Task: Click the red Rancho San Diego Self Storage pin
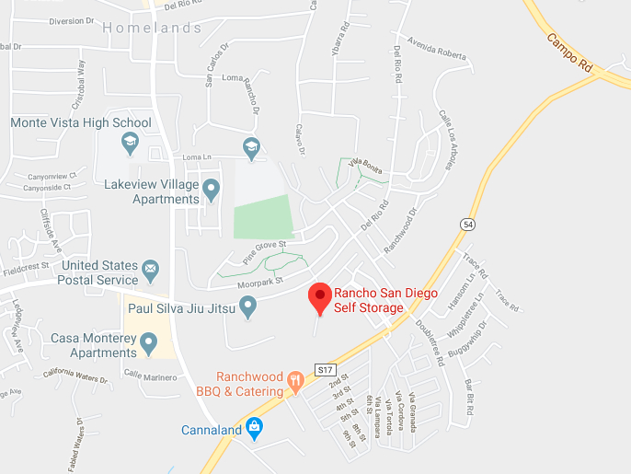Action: point(319,296)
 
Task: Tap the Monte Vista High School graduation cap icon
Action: point(130,143)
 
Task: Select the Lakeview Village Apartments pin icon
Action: point(212,191)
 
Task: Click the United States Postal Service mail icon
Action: point(150,272)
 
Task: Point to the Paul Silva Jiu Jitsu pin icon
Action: point(247,310)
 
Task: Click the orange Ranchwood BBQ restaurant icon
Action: point(294,379)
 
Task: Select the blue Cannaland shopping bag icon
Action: point(255,428)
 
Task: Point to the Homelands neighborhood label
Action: point(152,29)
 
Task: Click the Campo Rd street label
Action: point(570,55)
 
